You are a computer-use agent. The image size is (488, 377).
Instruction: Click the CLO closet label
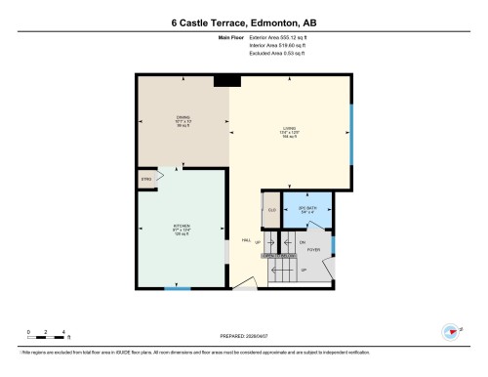pyautogui.click(x=270, y=210)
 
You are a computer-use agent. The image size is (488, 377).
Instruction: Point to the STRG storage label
pyautogui.click(x=146, y=179)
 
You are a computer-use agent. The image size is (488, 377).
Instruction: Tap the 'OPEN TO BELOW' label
pyautogui.click(x=279, y=255)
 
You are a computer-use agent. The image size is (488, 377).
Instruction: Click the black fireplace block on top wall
pyautogui.click(x=227, y=81)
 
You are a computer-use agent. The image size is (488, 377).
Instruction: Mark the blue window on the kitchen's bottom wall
pyautogui.click(x=177, y=289)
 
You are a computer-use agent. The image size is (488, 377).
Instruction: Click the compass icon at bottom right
pyautogui.click(x=451, y=330)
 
